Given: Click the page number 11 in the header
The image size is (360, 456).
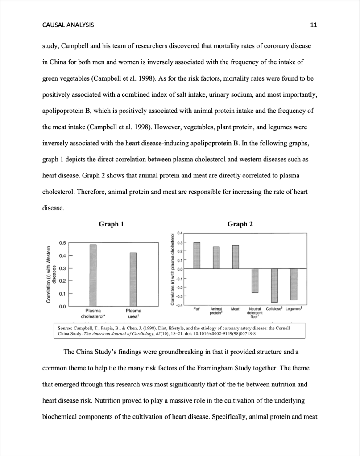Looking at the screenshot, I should point(313,25).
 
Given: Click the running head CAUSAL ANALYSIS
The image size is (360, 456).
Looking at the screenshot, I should point(68,25).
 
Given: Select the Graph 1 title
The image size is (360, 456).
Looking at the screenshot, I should point(111,224).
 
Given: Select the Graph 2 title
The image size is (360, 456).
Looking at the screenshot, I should point(240,224).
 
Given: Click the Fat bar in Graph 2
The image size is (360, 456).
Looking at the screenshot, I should point(197,255).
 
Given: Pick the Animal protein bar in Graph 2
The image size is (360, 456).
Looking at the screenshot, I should point(216,258).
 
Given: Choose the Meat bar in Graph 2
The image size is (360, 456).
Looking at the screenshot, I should point(236,257).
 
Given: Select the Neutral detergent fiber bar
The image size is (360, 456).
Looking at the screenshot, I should point(255,280).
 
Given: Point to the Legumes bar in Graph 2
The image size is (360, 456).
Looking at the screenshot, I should point(294,284).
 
